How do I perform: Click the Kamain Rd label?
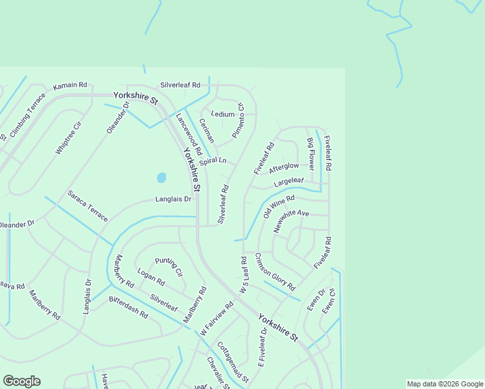(x=70, y=86)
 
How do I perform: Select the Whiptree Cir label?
(x=68, y=137)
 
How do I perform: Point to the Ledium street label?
(x=222, y=114)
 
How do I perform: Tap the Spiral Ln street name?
(x=213, y=161)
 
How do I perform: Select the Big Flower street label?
(x=311, y=154)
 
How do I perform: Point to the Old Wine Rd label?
(x=279, y=207)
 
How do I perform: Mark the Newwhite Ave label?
(x=291, y=220)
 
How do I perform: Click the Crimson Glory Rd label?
(x=275, y=271)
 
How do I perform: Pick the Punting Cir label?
(x=169, y=266)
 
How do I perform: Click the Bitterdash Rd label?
(x=128, y=307)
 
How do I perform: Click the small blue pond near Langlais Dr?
(x=161, y=177)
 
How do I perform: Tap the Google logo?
(x=21, y=381)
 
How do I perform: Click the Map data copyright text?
(x=444, y=384)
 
